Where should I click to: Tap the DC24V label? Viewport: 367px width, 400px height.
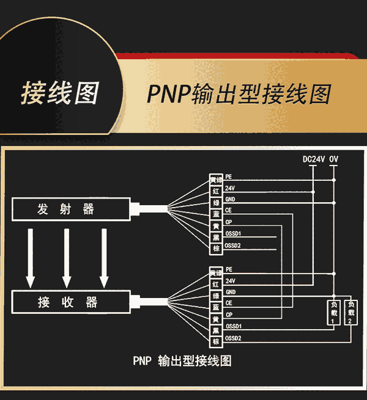tap(314, 159)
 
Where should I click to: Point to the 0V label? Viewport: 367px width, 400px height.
tap(334, 159)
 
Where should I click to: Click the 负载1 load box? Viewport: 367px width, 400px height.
tap(333, 312)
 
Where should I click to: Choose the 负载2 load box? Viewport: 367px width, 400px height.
tap(350, 312)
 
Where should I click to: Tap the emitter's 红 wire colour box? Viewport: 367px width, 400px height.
tap(216, 191)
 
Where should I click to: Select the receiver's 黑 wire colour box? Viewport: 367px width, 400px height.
tap(216, 330)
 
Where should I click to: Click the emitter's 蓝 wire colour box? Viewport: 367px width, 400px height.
tap(216, 214)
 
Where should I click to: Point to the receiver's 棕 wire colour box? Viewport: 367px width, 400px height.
tap(216, 341)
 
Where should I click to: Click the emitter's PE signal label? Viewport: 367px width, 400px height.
tap(229, 176)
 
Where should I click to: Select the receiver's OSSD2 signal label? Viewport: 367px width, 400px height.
tap(234, 338)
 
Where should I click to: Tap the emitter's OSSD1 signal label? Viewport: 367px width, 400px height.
tap(234, 233)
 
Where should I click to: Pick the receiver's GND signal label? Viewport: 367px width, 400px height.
tap(231, 292)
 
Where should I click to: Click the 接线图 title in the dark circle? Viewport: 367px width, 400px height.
tap(59, 93)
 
